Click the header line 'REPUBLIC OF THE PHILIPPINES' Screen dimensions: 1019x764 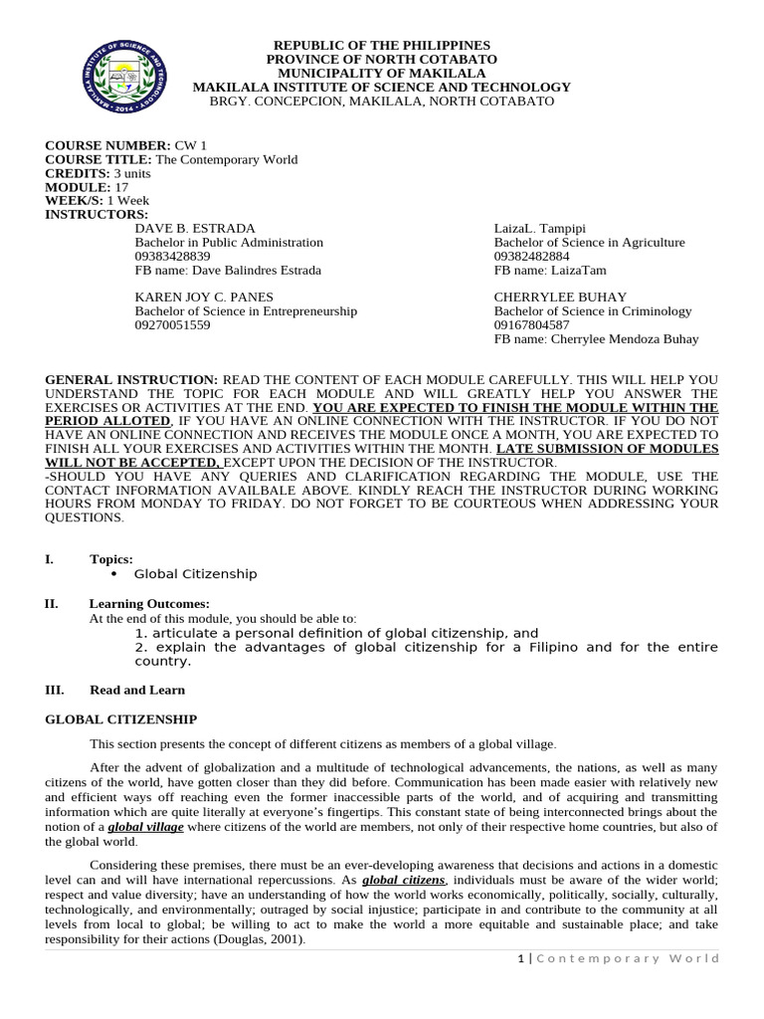pyautogui.click(x=382, y=46)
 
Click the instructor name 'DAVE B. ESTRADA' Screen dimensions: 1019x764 pyautogui.click(x=195, y=228)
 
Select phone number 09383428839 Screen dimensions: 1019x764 pyautogui.click(x=172, y=256)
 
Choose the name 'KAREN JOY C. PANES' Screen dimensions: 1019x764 pyautogui.click(x=203, y=297)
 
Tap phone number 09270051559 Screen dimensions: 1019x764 pyautogui.click(x=172, y=324)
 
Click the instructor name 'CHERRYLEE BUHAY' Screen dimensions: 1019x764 pyautogui.click(x=560, y=297)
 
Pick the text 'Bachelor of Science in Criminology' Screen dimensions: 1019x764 pyautogui.click(x=593, y=310)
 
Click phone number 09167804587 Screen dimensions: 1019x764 pyautogui.click(x=532, y=324)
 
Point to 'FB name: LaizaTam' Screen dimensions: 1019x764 pyautogui.click(x=550, y=270)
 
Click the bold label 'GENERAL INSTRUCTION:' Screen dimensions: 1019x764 pyautogui.click(x=131, y=380)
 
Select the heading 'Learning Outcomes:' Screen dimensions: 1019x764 pyautogui.click(x=149, y=603)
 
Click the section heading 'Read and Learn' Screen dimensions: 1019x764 pyautogui.click(x=137, y=690)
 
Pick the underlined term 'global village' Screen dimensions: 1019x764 pyautogui.click(x=138, y=827)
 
